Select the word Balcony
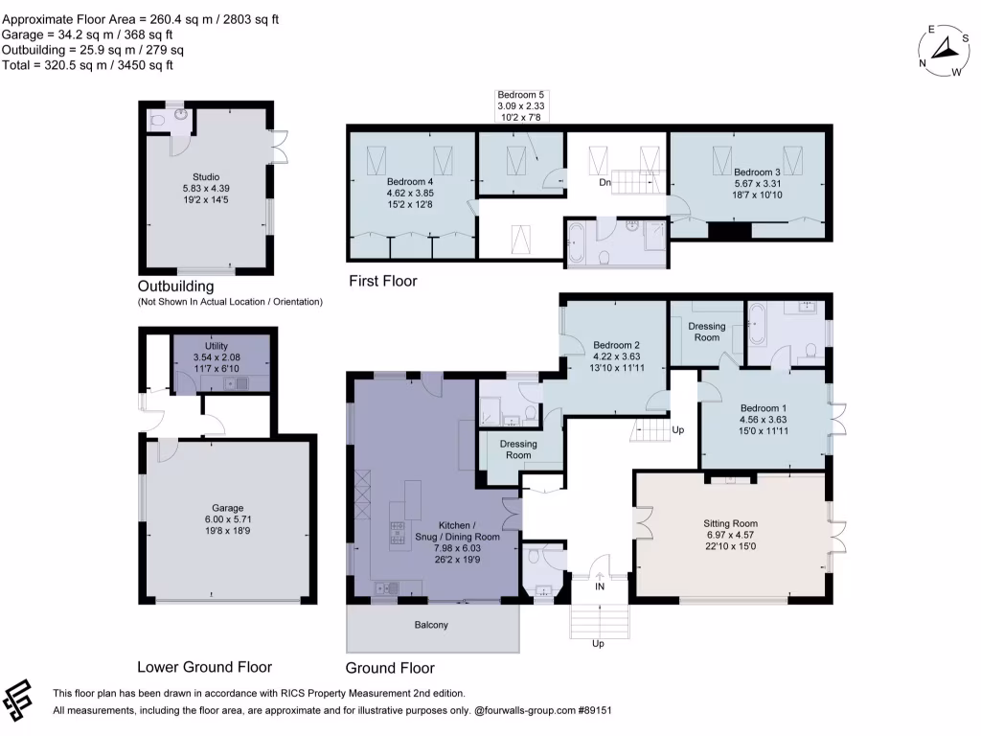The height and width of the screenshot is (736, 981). [x=431, y=625]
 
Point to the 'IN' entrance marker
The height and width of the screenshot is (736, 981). [x=600, y=586]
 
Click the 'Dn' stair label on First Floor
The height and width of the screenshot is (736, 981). [x=605, y=181]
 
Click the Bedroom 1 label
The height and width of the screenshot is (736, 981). [x=764, y=419]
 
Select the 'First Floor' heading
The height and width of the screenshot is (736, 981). [x=383, y=281]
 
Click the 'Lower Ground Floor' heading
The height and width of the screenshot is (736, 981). [x=204, y=667]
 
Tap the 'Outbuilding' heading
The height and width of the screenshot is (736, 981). [x=175, y=286]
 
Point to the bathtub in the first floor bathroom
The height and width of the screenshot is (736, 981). [x=580, y=244]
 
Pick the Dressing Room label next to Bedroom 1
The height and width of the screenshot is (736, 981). [x=707, y=332]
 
